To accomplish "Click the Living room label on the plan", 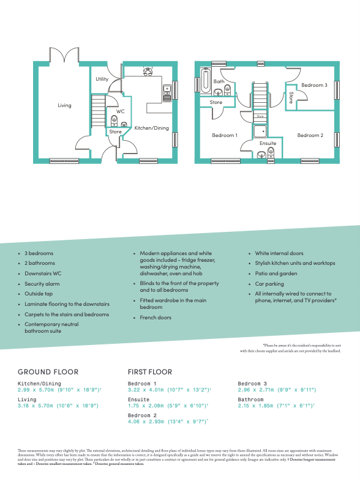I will (x=64, y=105).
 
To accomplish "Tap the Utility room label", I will (x=102, y=80).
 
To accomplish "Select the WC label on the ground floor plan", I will (x=120, y=111).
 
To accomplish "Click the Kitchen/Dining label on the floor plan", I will (x=151, y=128).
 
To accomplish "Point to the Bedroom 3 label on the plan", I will (x=314, y=85).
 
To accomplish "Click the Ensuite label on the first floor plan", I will (x=268, y=143).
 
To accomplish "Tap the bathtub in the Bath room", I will (x=204, y=82).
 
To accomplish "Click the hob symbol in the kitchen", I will (x=148, y=71).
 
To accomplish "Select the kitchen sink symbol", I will (x=167, y=93).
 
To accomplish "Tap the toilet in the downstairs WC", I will (x=114, y=120).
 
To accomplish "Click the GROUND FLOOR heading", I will (x=48, y=371).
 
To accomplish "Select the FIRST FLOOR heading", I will (x=150, y=371).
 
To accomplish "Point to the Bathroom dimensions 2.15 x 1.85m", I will (x=277, y=405).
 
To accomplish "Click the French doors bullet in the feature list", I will (x=156, y=317).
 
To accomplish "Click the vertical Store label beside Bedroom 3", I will (x=291, y=98).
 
